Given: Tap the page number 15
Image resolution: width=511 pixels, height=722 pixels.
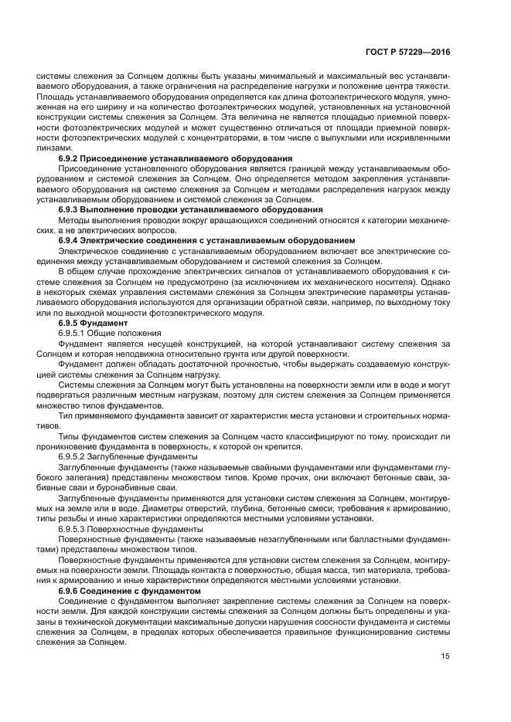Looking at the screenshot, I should pos(445,657).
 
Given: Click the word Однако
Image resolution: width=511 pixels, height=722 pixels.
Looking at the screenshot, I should pos(431,281).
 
